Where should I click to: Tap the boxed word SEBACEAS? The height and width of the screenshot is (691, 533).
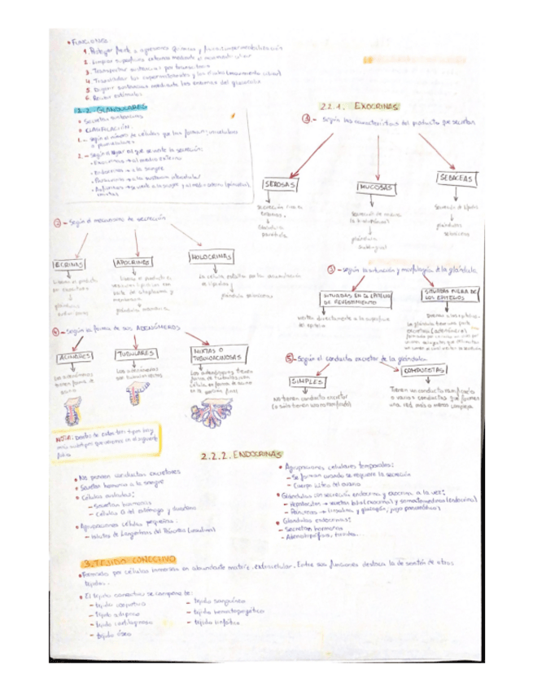pos(456,178)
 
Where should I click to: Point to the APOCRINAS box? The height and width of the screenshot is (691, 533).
pos(131,262)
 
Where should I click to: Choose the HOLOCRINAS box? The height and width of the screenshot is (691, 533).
pos(212,257)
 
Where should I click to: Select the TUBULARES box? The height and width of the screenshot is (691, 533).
pos(135,354)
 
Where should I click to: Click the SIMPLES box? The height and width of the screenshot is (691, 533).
pos(307,381)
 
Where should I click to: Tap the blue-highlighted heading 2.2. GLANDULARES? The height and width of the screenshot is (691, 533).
pos(111,107)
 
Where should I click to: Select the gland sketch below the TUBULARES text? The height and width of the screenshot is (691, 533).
pos(136,396)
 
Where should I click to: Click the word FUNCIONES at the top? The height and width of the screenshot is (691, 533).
pos(91,40)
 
